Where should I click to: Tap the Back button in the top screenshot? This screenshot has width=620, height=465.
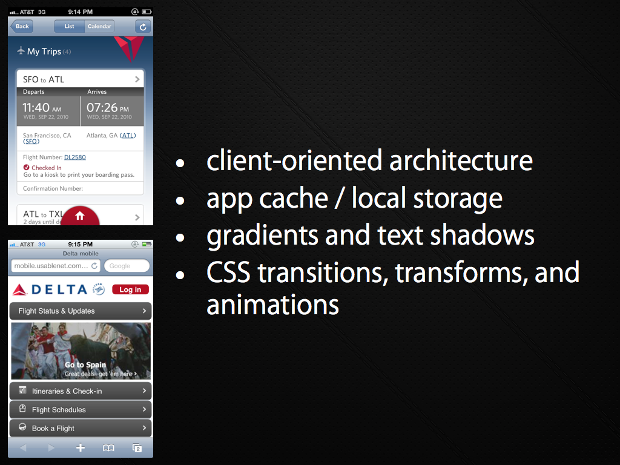22,27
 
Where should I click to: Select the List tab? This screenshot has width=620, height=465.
69,27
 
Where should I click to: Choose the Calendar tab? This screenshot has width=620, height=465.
99,27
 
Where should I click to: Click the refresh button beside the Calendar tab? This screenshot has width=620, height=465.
143,27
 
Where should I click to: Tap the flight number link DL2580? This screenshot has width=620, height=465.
74,157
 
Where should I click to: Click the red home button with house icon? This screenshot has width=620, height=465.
81,216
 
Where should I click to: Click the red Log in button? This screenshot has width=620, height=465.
131,289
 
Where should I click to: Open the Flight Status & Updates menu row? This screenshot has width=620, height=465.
81,311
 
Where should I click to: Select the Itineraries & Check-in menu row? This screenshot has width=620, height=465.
81,391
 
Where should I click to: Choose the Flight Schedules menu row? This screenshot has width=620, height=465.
81,410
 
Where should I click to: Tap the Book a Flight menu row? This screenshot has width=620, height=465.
81,428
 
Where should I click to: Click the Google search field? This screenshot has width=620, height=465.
127,266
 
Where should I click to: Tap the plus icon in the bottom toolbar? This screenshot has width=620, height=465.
81,447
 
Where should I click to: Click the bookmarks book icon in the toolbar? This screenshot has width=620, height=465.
108,448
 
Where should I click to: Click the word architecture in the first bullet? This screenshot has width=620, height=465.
461,160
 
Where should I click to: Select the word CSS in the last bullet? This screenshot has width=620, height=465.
228,272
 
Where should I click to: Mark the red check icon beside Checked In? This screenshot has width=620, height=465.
27,167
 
